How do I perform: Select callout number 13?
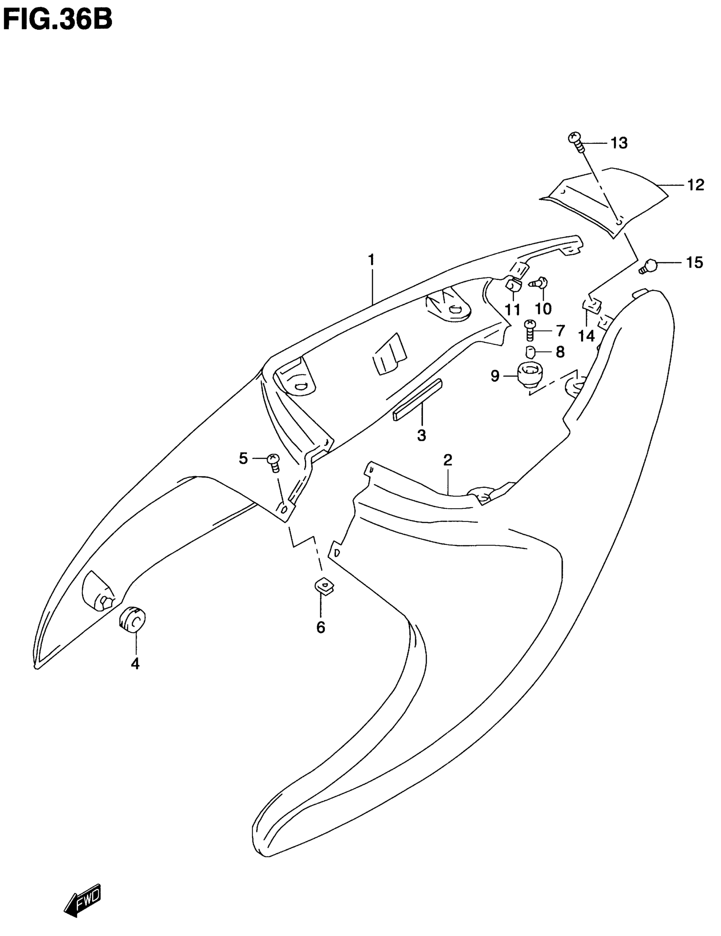pyautogui.click(x=619, y=143)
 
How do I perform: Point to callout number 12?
pyautogui.click(x=695, y=185)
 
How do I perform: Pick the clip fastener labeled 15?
pyautogui.click(x=649, y=266)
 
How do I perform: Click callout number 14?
pyautogui.click(x=586, y=336)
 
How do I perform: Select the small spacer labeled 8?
pyautogui.click(x=530, y=352)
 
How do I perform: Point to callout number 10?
pyautogui.click(x=543, y=308)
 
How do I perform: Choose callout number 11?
pyautogui.click(x=512, y=309)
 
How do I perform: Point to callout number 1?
pyautogui.click(x=371, y=260)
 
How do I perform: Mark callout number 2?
pyautogui.click(x=448, y=460)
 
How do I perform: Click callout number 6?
pyautogui.click(x=321, y=628)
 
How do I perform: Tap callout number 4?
pyautogui.click(x=135, y=664)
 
